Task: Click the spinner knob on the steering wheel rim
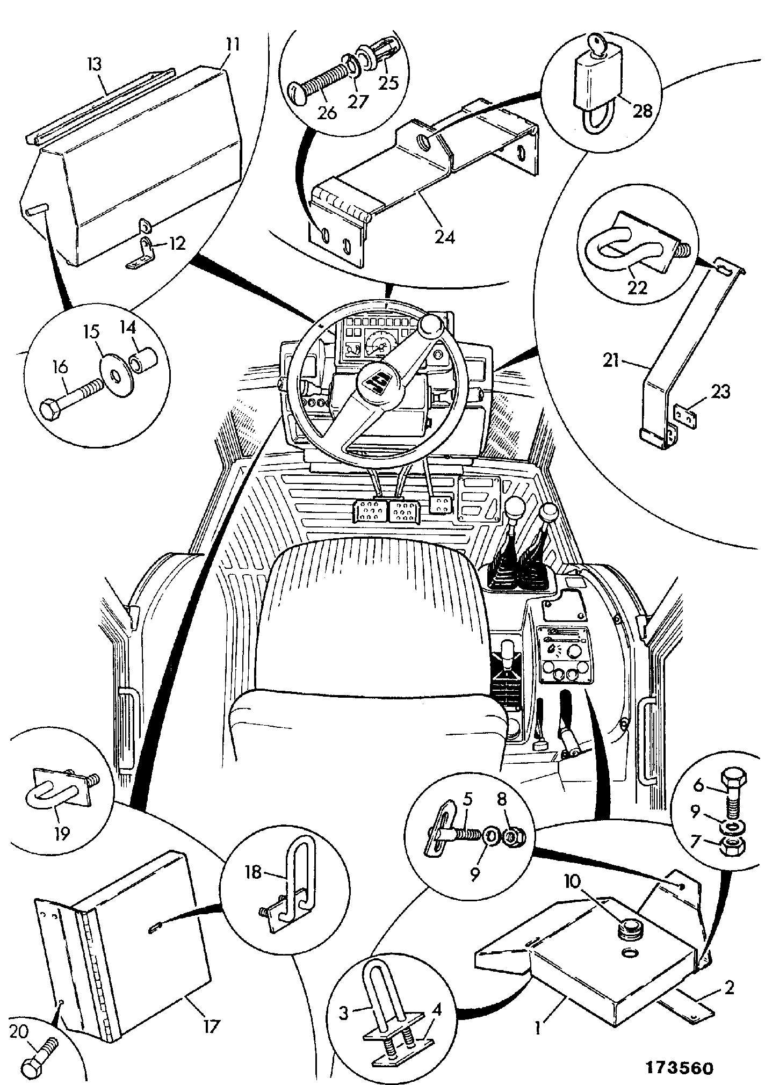tap(431, 325)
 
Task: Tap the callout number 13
tap(94, 66)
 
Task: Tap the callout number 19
tap(62, 833)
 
